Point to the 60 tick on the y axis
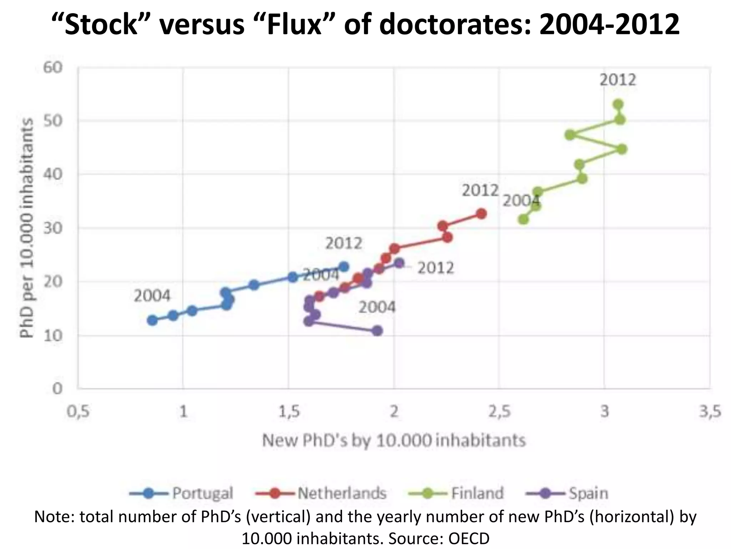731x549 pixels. [53, 68]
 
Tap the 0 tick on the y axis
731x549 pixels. [57, 389]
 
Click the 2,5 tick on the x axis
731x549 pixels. [499, 412]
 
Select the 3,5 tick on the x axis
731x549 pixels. [710, 412]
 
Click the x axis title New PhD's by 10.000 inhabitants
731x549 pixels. [394, 440]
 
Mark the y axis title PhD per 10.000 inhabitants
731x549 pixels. [26, 228]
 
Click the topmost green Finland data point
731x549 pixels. [618, 105]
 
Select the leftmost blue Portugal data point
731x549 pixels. [152, 320]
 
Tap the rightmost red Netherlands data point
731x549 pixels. [482, 214]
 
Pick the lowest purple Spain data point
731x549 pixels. [377, 331]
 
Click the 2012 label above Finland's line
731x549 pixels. [618, 80]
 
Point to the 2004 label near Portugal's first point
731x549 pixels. [152, 296]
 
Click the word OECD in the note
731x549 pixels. [469, 538]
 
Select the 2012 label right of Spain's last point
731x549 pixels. [435, 268]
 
